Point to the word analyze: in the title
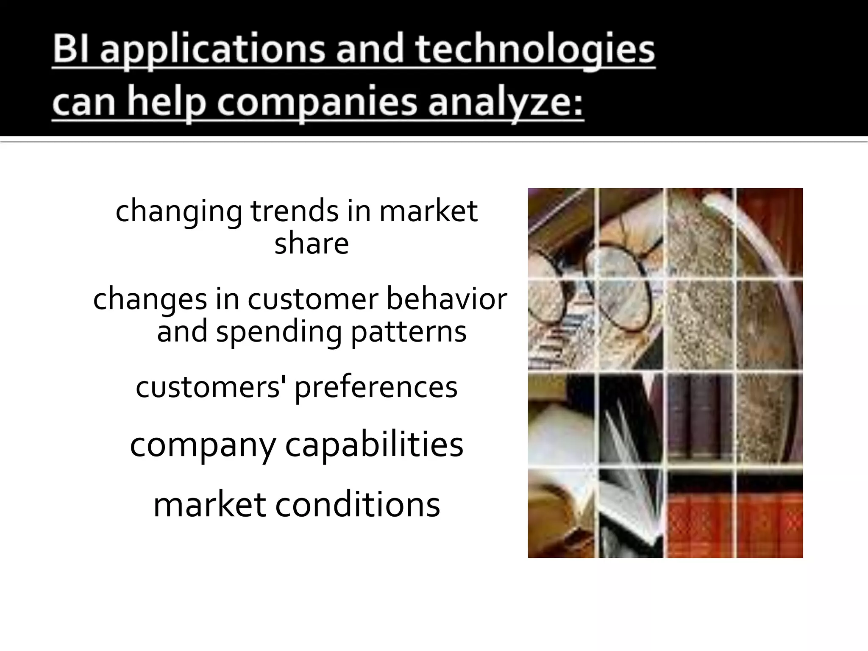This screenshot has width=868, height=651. click(506, 104)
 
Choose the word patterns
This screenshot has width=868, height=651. click(409, 331)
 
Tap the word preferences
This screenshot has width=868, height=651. click(376, 387)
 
